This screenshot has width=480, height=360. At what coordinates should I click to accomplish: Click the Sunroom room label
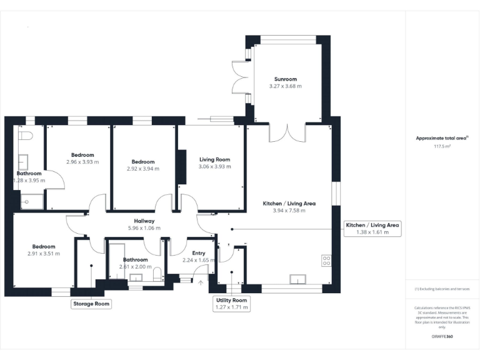[285, 79]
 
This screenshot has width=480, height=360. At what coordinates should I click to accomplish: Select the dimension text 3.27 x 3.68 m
[285, 86]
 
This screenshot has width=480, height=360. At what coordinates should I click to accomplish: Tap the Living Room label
[214, 159]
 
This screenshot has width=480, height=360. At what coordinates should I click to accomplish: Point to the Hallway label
[144, 221]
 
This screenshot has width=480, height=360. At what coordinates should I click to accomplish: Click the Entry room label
[198, 253]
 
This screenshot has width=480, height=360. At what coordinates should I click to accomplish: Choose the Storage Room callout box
[91, 304]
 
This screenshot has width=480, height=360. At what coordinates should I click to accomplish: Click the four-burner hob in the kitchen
[326, 261]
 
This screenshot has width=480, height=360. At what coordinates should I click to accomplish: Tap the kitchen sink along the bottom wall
[297, 279]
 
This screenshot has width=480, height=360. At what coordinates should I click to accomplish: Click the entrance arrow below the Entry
[201, 282]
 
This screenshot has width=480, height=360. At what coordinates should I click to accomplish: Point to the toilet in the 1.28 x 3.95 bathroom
[26, 135]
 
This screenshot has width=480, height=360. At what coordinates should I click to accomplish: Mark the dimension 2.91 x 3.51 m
[44, 253]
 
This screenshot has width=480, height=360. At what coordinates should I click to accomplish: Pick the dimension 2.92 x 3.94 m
[142, 169]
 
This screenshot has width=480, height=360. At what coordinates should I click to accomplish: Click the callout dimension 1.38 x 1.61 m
[372, 232]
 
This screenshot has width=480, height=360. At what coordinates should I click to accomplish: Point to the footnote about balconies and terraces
[442, 289]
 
